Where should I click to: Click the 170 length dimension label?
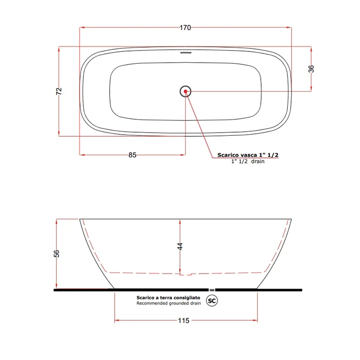pos(185,28)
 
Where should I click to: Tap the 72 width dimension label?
pos(59,91)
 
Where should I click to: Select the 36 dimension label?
pos(311,69)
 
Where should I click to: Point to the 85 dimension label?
pos(132,155)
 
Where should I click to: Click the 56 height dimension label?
pos(57,254)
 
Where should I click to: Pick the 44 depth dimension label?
pos(180,246)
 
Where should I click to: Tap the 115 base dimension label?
pos(184,320)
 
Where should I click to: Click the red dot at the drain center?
pos(186,92)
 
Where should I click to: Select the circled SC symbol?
pos(212,300)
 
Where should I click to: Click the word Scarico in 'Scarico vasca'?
pos(227,155)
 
